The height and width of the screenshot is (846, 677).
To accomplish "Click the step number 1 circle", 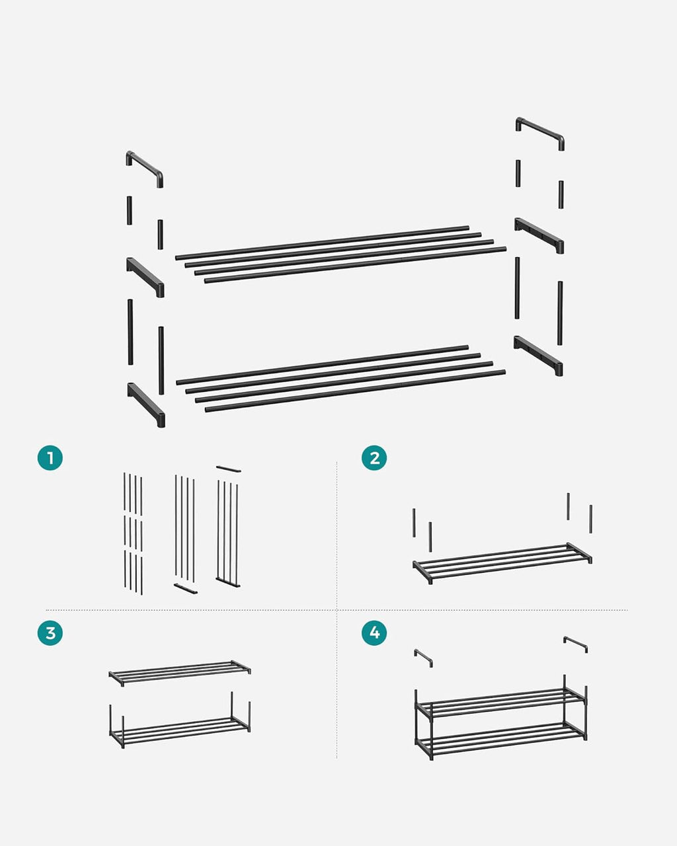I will [x=50, y=457].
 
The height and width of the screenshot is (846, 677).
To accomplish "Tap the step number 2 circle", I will [x=374, y=457].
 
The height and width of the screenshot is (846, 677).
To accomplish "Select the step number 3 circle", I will [x=50, y=633].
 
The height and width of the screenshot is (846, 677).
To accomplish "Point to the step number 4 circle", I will [x=374, y=633].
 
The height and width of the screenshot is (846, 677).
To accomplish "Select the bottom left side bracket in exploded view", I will [x=146, y=403].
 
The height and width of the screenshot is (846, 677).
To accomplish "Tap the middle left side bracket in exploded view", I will [x=145, y=276].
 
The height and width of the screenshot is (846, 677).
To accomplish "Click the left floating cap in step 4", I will [x=423, y=657].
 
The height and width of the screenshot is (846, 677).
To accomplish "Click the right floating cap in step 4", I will [x=575, y=643].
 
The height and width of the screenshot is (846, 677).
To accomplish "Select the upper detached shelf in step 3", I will [x=180, y=672].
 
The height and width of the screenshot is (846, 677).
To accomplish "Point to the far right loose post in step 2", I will [x=590, y=518].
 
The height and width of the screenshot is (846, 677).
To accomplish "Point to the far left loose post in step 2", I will [x=414, y=522].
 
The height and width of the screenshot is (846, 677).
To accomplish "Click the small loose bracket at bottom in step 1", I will [x=186, y=588].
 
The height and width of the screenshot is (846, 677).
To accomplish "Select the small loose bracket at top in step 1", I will [x=228, y=469].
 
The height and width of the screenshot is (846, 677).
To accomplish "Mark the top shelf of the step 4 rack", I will [x=500, y=701].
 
